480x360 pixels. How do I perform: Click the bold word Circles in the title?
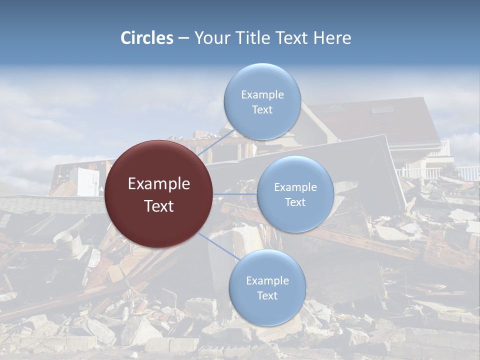pos(147,38)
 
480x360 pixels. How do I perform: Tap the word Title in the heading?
pos(250,38)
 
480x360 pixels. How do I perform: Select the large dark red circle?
pos(159,194)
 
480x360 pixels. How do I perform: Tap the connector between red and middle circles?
pos(235,194)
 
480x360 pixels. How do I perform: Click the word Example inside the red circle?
pos(159,184)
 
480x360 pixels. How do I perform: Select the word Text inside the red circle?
pos(159,206)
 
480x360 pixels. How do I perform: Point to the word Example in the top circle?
pos(262,94)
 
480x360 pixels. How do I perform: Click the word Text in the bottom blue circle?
pos(267,295)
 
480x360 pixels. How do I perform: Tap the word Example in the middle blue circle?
pos(295,187)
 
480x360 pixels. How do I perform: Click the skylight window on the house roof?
pos(382,109)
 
